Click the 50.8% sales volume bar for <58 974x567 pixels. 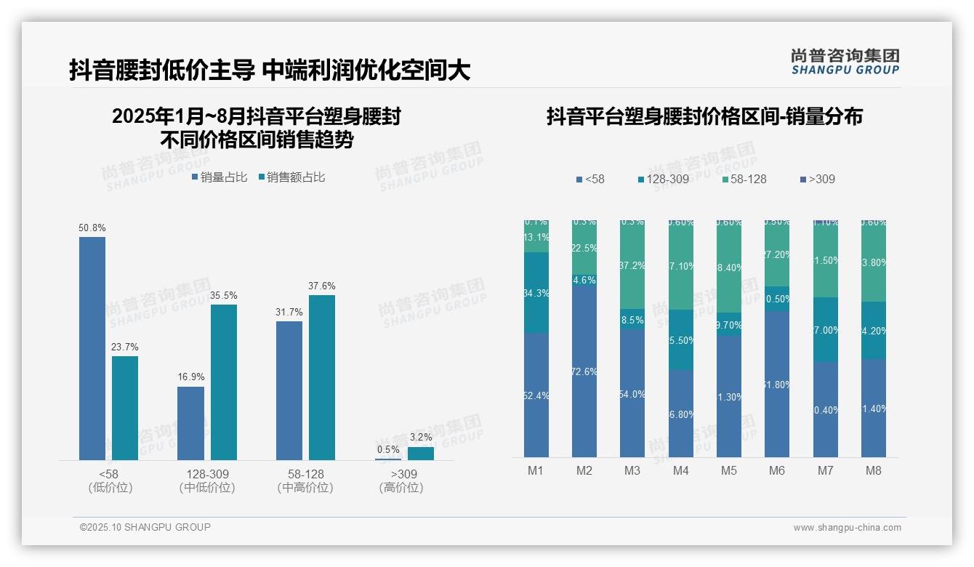[x=92, y=348]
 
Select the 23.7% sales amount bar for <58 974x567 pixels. [x=125, y=408]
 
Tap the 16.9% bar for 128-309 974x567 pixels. [x=191, y=423]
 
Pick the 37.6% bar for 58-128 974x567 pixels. [x=322, y=377]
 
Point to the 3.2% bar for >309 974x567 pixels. [x=421, y=454]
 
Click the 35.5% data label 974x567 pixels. [x=224, y=296]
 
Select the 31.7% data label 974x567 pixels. [x=289, y=313]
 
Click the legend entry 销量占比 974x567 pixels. [x=220, y=177]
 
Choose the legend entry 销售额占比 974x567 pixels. [x=291, y=177]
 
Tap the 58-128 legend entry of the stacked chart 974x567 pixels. [x=745, y=179]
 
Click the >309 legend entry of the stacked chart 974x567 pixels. [x=818, y=179]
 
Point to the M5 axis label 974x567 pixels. [x=729, y=470]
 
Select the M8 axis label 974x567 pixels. [x=874, y=470]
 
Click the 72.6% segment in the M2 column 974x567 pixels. [x=584, y=371]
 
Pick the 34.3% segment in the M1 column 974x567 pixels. [x=536, y=293]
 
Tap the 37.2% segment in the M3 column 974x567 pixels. [x=632, y=266]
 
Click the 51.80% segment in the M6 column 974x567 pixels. [x=777, y=385]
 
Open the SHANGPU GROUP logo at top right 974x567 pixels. [x=845, y=62]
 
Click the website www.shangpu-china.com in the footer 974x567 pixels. [x=847, y=528]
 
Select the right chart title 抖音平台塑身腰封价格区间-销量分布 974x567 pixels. [x=704, y=117]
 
